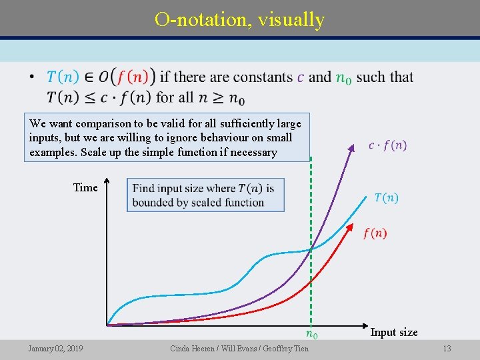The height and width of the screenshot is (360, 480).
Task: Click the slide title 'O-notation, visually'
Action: tap(239, 19)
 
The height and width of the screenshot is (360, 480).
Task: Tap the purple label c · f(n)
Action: tap(387, 145)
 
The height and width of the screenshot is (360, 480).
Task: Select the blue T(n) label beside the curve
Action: tap(386, 197)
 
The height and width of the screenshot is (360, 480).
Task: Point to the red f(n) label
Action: tap(375, 233)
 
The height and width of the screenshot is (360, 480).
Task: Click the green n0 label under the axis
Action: tap(311, 333)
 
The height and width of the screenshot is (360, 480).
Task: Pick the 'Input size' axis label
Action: tap(394, 332)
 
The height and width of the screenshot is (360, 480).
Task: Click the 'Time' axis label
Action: tap(85, 187)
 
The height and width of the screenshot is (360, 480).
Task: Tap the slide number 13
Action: tap(447, 349)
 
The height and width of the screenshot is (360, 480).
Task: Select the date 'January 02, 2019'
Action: tap(55, 349)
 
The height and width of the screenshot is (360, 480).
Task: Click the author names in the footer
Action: tap(239, 349)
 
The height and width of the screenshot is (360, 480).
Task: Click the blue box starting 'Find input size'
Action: tap(205, 195)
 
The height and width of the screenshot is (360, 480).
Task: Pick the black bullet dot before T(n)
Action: tap(31, 78)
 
